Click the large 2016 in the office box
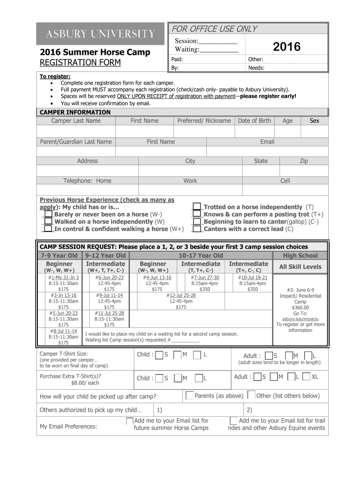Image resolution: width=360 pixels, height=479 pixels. (x=287, y=46)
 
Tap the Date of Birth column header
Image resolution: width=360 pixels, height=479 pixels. (x=254, y=121)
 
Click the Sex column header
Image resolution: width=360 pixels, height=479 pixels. (x=314, y=121)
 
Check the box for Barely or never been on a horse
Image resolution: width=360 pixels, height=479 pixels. (x=48, y=214)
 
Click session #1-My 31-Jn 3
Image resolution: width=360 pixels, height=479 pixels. (x=63, y=277)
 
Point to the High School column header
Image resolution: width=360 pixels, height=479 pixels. (x=300, y=255)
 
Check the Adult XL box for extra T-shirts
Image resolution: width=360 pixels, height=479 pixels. (x=306, y=377)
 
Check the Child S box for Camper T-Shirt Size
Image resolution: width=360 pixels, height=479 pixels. (x=159, y=355)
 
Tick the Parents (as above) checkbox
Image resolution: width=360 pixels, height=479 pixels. (x=189, y=395)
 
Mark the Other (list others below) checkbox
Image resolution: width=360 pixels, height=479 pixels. (x=252, y=395)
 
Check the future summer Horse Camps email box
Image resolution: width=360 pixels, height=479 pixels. (x=130, y=421)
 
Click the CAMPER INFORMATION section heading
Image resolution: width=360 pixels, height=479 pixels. (x=75, y=112)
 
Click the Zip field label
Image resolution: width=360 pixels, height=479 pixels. (x=303, y=161)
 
